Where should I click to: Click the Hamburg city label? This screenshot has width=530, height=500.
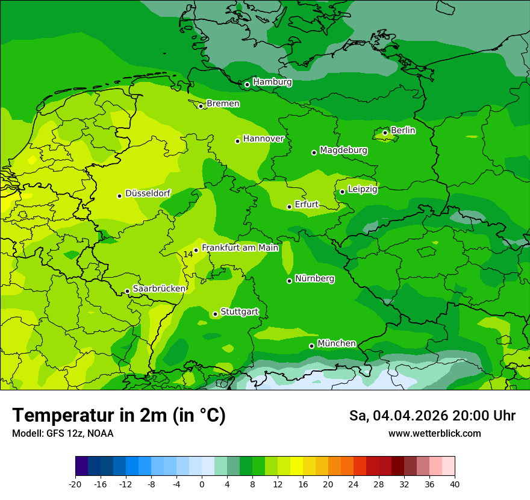[272, 82]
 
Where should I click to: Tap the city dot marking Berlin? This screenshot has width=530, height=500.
[385, 133]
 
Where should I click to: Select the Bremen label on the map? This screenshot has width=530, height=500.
[223, 104]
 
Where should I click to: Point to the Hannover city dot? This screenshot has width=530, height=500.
[237, 141]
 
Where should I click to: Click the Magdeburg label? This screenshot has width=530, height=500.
[343, 150]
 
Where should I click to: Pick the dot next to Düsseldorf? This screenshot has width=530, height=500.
[119, 196]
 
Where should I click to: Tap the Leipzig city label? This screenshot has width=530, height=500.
[363, 189]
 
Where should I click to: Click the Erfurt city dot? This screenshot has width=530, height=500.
[289, 207]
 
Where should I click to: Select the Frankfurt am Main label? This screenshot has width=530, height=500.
[240, 248]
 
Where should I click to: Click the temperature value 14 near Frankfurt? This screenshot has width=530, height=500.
[188, 254]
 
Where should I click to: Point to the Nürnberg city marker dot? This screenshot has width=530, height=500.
[289, 281]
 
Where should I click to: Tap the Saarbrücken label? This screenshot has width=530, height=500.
[159, 289]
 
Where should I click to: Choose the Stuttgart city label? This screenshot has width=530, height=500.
[240, 312]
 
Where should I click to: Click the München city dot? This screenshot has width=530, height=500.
[311, 346]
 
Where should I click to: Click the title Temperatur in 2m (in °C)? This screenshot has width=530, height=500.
[119, 416]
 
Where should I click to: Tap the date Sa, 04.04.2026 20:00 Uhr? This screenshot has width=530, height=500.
[432, 416]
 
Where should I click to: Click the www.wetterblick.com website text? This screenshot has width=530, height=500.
[434, 434]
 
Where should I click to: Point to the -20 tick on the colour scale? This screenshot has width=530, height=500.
[75, 484]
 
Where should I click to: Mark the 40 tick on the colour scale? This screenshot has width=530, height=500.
[454, 484]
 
